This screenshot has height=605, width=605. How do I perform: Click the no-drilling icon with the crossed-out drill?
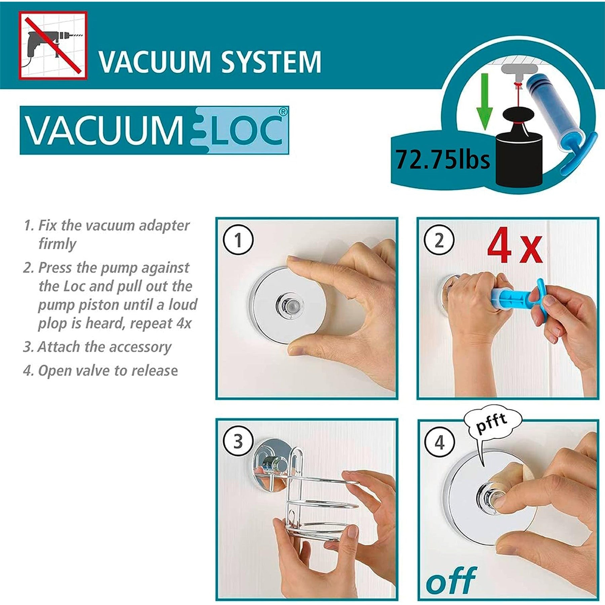click(x=53, y=45)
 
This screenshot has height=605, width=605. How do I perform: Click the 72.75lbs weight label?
click(x=442, y=159)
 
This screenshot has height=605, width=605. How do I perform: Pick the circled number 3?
click(x=238, y=442)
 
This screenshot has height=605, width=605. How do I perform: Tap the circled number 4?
click(x=440, y=442)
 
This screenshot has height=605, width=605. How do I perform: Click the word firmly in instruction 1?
click(x=57, y=244)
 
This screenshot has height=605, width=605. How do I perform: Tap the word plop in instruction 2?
click(x=52, y=324)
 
